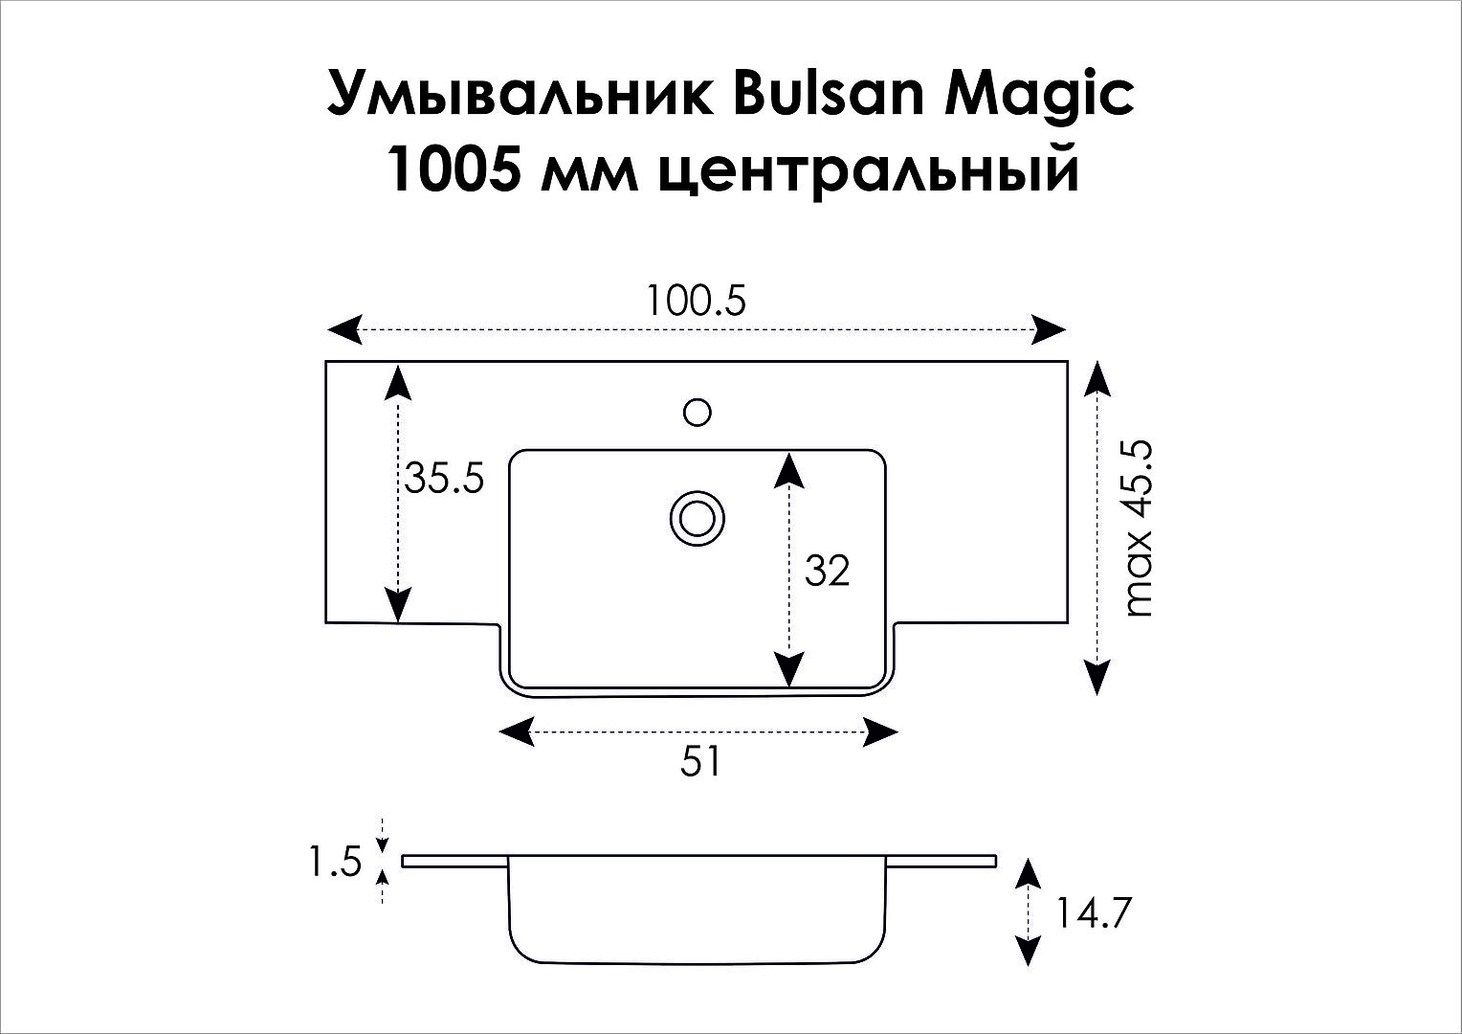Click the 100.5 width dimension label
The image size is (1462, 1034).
(x=695, y=302)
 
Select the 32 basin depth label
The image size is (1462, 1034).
(x=827, y=571)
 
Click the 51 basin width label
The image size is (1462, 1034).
(x=699, y=762)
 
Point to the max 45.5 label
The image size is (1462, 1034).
(x=1140, y=528)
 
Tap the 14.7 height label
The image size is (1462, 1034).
(x=1092, y=913)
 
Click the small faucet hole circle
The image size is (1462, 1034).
(x=698, y=412)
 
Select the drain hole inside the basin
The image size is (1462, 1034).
(x=698, y=519)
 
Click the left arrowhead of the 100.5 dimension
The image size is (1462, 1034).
(x=344, y=329)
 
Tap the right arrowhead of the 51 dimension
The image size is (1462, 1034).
(x=880, y=731)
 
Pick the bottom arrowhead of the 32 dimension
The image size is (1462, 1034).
(x=789, y=669)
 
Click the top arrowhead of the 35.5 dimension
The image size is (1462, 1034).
(x=397, y=382)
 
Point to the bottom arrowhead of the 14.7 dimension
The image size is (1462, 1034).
(x=1029, y=951)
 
